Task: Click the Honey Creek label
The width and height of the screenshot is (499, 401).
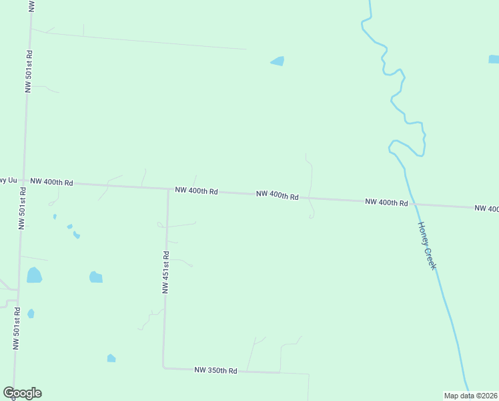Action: point(427,245)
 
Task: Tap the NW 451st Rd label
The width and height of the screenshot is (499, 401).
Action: point(165,272)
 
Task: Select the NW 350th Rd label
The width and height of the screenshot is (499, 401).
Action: point(215,370)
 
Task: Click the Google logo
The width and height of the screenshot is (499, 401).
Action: point(22,393)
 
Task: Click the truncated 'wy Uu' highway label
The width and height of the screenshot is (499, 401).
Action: point(7,180)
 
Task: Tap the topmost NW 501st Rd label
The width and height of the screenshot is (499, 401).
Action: point(29,71)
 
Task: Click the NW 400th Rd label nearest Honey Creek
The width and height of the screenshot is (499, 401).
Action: point(386,202)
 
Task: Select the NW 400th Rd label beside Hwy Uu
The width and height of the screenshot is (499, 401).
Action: point(51,182)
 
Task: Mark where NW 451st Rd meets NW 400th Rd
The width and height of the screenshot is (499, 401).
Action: point(167,188)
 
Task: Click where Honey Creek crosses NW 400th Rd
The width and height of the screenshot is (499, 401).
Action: point(412,204)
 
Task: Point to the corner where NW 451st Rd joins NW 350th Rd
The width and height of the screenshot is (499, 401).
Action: point(164,367)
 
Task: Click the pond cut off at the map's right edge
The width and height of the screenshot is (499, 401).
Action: point(494,59)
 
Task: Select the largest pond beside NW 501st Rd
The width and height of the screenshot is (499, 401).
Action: point(34,275)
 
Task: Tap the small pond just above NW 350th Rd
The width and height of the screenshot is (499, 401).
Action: point(111,358)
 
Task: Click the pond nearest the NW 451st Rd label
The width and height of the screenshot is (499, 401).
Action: point(96,277)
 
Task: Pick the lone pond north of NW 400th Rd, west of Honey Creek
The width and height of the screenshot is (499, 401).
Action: point(278,61)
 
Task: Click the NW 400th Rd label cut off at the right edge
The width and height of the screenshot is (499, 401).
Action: point(487,209)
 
